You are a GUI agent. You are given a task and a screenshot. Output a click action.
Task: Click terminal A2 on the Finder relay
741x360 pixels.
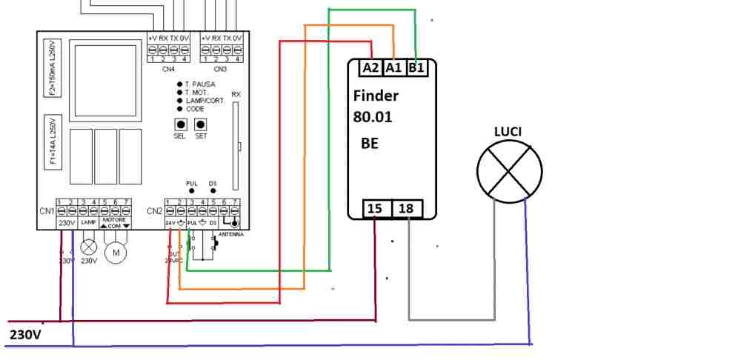[370, 68]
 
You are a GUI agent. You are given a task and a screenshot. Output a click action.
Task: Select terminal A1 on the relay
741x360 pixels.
[393, 68]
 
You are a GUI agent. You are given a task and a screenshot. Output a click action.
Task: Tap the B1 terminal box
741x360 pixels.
[416, 68]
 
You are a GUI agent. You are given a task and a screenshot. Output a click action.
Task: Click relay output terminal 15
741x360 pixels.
[375, 210]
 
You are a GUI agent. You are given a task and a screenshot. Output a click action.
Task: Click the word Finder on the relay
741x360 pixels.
[376, 96]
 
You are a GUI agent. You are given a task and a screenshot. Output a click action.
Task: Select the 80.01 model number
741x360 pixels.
[373, 117]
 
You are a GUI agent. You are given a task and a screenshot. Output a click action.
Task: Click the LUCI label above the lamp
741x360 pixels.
[508, 131]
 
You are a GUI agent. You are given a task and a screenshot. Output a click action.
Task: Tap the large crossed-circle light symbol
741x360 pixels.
[508, 172]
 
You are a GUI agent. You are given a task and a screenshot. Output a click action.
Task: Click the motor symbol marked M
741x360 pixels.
[116, 253]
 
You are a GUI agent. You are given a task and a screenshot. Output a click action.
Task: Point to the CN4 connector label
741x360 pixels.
[168, 69]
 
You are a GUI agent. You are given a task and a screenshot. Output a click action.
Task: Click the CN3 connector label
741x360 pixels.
[221, 69]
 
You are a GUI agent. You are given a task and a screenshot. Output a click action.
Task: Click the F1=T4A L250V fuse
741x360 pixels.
[53, 141]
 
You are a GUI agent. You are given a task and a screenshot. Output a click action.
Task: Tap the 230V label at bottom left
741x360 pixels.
[25, 336]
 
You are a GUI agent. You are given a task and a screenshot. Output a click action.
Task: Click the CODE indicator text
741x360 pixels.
[194, 109]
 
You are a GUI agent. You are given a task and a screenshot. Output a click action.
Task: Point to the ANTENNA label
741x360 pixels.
[230, 235]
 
